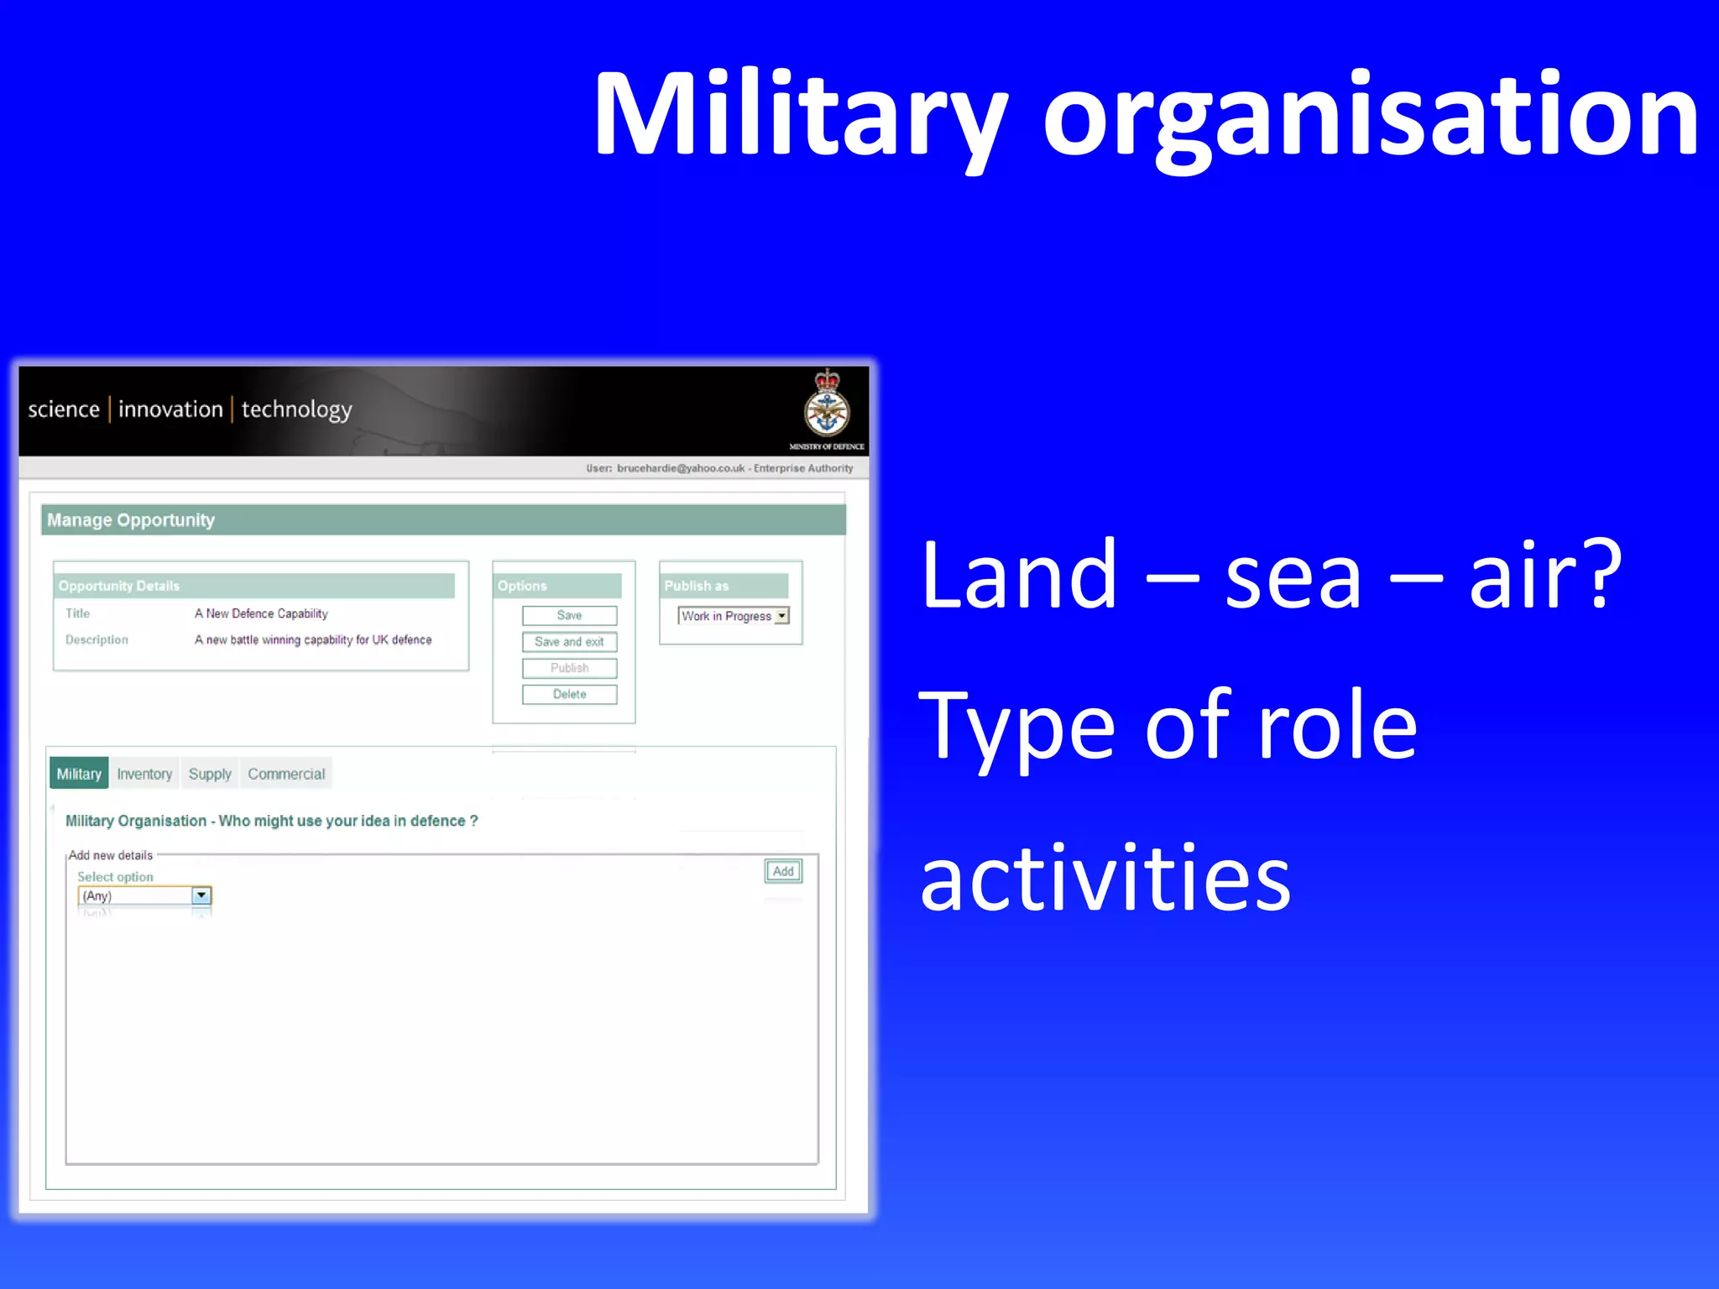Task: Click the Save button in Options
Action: tap(569, 616)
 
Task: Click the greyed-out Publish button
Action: tap(569, 668)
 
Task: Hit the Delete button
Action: tap(569, 694)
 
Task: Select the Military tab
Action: tap(79, 774)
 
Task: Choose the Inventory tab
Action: tap(144, 774)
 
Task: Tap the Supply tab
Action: tap(210, 774)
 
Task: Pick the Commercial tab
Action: tap(286, 774)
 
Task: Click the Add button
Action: tap(783, 871)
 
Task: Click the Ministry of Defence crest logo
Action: tap(827, 405)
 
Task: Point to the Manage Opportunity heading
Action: tap(131, 520)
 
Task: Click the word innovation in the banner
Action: tap(170, 410)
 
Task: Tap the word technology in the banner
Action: tap(297, 410)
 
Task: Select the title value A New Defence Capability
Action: tap(261, 613)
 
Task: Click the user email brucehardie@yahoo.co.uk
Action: tap(681, 468)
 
